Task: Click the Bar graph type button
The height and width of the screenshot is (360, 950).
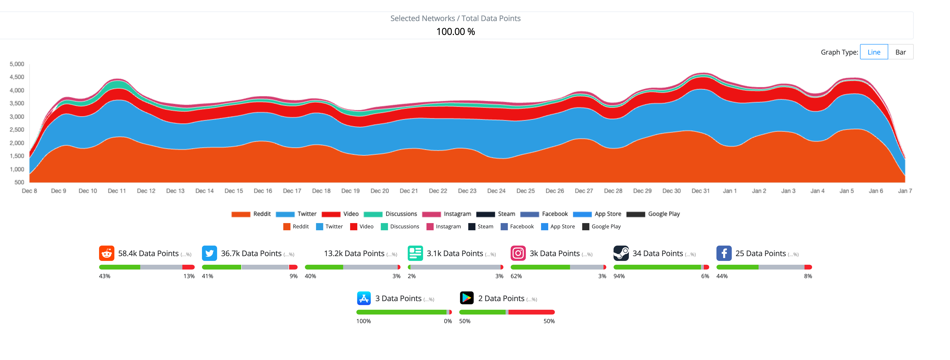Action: [900, 52]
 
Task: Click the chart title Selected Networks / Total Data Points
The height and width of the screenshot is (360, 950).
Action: [455, 18]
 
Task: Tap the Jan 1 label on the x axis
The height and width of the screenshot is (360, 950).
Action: [729, 191]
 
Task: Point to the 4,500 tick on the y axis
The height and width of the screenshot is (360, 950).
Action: [17, 77]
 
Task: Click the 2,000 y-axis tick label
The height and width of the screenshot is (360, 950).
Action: [17, 143]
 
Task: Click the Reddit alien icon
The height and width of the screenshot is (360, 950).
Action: [106, 253]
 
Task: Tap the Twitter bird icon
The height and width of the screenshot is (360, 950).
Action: [209, 253]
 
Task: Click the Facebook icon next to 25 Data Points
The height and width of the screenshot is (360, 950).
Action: [724, 253]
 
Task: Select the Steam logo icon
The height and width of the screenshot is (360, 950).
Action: [621, 253]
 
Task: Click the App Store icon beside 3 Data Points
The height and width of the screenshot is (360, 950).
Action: [364, 298]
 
